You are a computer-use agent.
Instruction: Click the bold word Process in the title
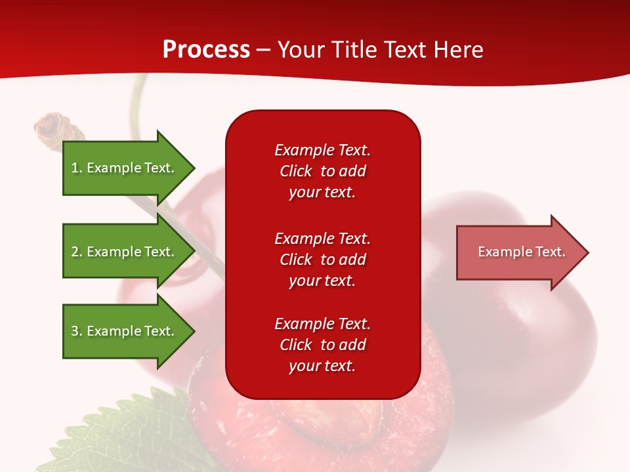tap(206, 50)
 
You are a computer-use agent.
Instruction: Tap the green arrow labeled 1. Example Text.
tap(125, 168)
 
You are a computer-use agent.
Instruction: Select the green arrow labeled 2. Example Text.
tap(125, 252)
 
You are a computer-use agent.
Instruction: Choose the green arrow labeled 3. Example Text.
tap(125, 331)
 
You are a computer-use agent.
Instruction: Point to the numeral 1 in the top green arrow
tap(75, 168)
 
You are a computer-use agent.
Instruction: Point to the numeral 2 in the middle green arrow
tap(75, 252)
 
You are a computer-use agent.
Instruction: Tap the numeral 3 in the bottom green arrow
tap(75, 331)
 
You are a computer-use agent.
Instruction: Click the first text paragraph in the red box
tap(322, 171)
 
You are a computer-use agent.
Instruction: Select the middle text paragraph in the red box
tap(322, 260)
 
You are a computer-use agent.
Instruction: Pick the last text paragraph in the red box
tap(322, 345)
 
